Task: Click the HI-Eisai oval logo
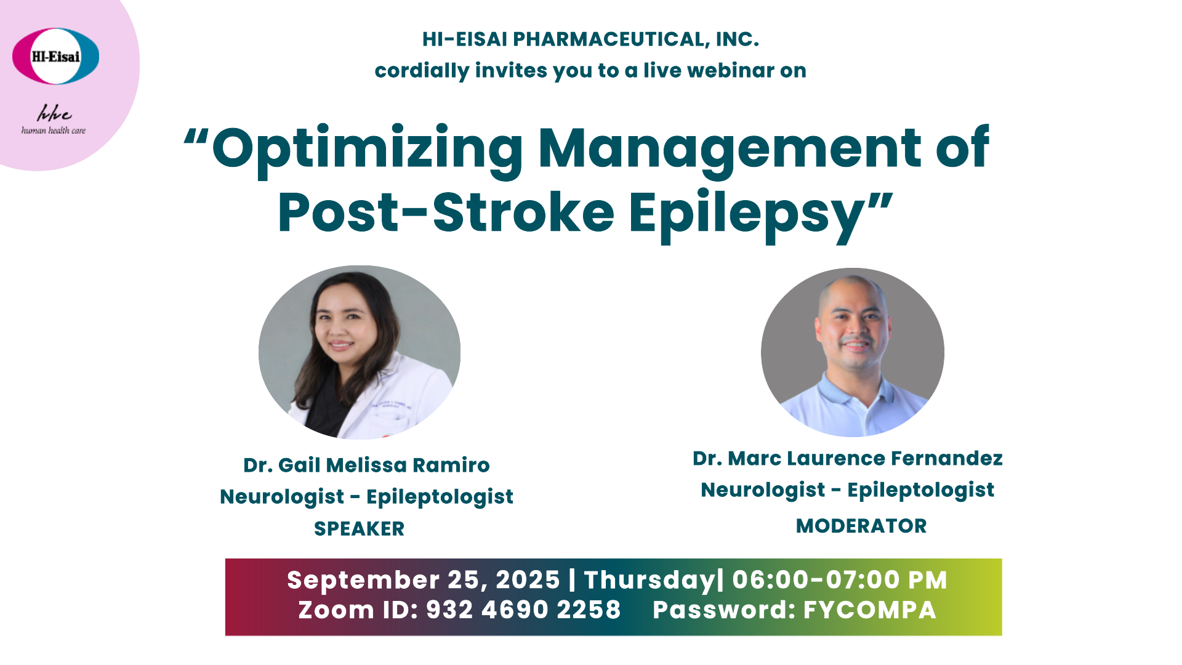pos(55,56)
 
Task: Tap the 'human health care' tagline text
pos(54,131)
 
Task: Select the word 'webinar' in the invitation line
pos(723,70)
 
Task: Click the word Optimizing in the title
pos(367,151)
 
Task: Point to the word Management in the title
pos(730,151)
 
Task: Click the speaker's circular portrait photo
pos(360,352)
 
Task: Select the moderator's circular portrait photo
pos(853,352)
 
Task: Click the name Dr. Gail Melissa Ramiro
pos(366,465)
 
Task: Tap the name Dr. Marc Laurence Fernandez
pos(848,458)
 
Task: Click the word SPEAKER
pos(360,528)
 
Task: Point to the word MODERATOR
pos(861,526)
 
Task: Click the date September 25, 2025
pos(424,580)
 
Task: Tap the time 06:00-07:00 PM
pos(840,580)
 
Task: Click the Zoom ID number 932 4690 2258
pos(523,610)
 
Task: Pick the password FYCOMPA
pos(870,610)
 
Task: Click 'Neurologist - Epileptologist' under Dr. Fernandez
pos(848,490)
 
